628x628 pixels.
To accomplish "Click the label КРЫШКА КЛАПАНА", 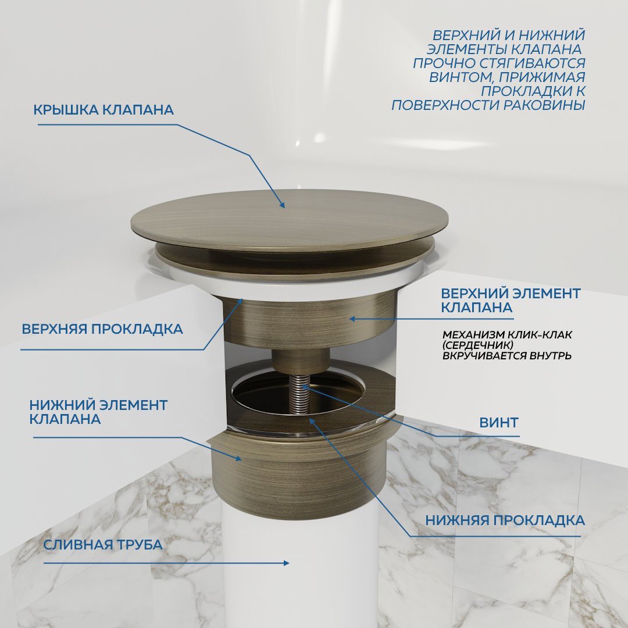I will coord(104,110).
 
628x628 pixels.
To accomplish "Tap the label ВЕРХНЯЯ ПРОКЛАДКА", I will coord(102,329).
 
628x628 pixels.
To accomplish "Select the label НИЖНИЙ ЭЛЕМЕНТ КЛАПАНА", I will coord(98,411).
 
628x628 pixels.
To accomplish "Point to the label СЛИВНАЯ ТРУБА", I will coord(103,545).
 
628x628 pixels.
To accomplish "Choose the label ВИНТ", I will coord(498,423).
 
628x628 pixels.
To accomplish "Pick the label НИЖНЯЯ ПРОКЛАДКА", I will coord(505,519).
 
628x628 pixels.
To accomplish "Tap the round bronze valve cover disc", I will coord(290,221).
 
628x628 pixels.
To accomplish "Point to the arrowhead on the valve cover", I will coord(282,205).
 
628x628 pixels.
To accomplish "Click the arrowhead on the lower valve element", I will coord(238,458).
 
